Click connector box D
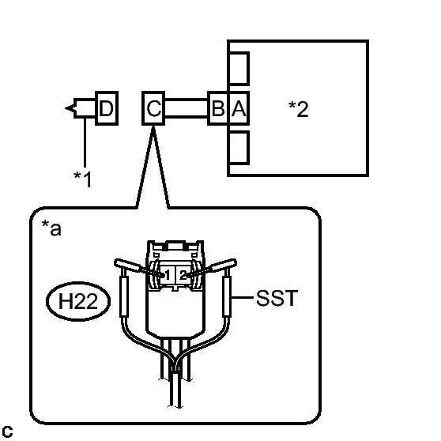[x=107, y=108]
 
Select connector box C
[x=153, y=108]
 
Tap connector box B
[x=218, y=108]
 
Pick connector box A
[x=239, y=108]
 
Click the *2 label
[x=298, y=109]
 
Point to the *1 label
[x=82, y=179]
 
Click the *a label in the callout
[x=51, y=228]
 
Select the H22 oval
[x=78, y=301]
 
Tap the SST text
[x=277, y=298]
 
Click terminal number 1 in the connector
[x=167, y=275]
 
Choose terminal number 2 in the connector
[x=183, y=275]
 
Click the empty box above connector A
[x=239, y=68]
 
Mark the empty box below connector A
[x=239, y=147]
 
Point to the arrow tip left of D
[x=66, y=108]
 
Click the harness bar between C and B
[x=186, y=108]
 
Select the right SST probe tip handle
[x=223, y=265]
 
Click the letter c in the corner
[x=7, y=432]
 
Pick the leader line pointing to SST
[x=242, y=297]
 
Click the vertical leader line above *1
[x=85, y=142]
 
